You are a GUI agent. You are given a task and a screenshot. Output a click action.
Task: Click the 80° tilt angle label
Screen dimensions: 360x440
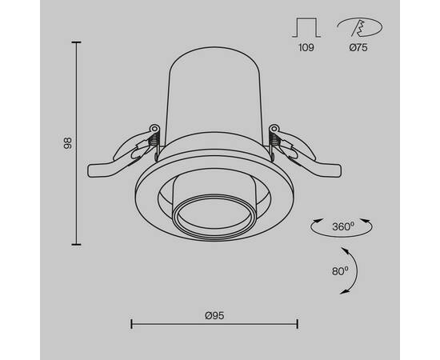coord(339,270)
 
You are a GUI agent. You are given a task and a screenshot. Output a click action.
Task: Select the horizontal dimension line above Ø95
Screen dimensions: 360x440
coord(214,323)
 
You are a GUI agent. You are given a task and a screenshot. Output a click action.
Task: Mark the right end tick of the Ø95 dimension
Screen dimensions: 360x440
coord(298,323)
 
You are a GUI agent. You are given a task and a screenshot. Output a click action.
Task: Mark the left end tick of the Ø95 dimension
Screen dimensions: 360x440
coord(130,323)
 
